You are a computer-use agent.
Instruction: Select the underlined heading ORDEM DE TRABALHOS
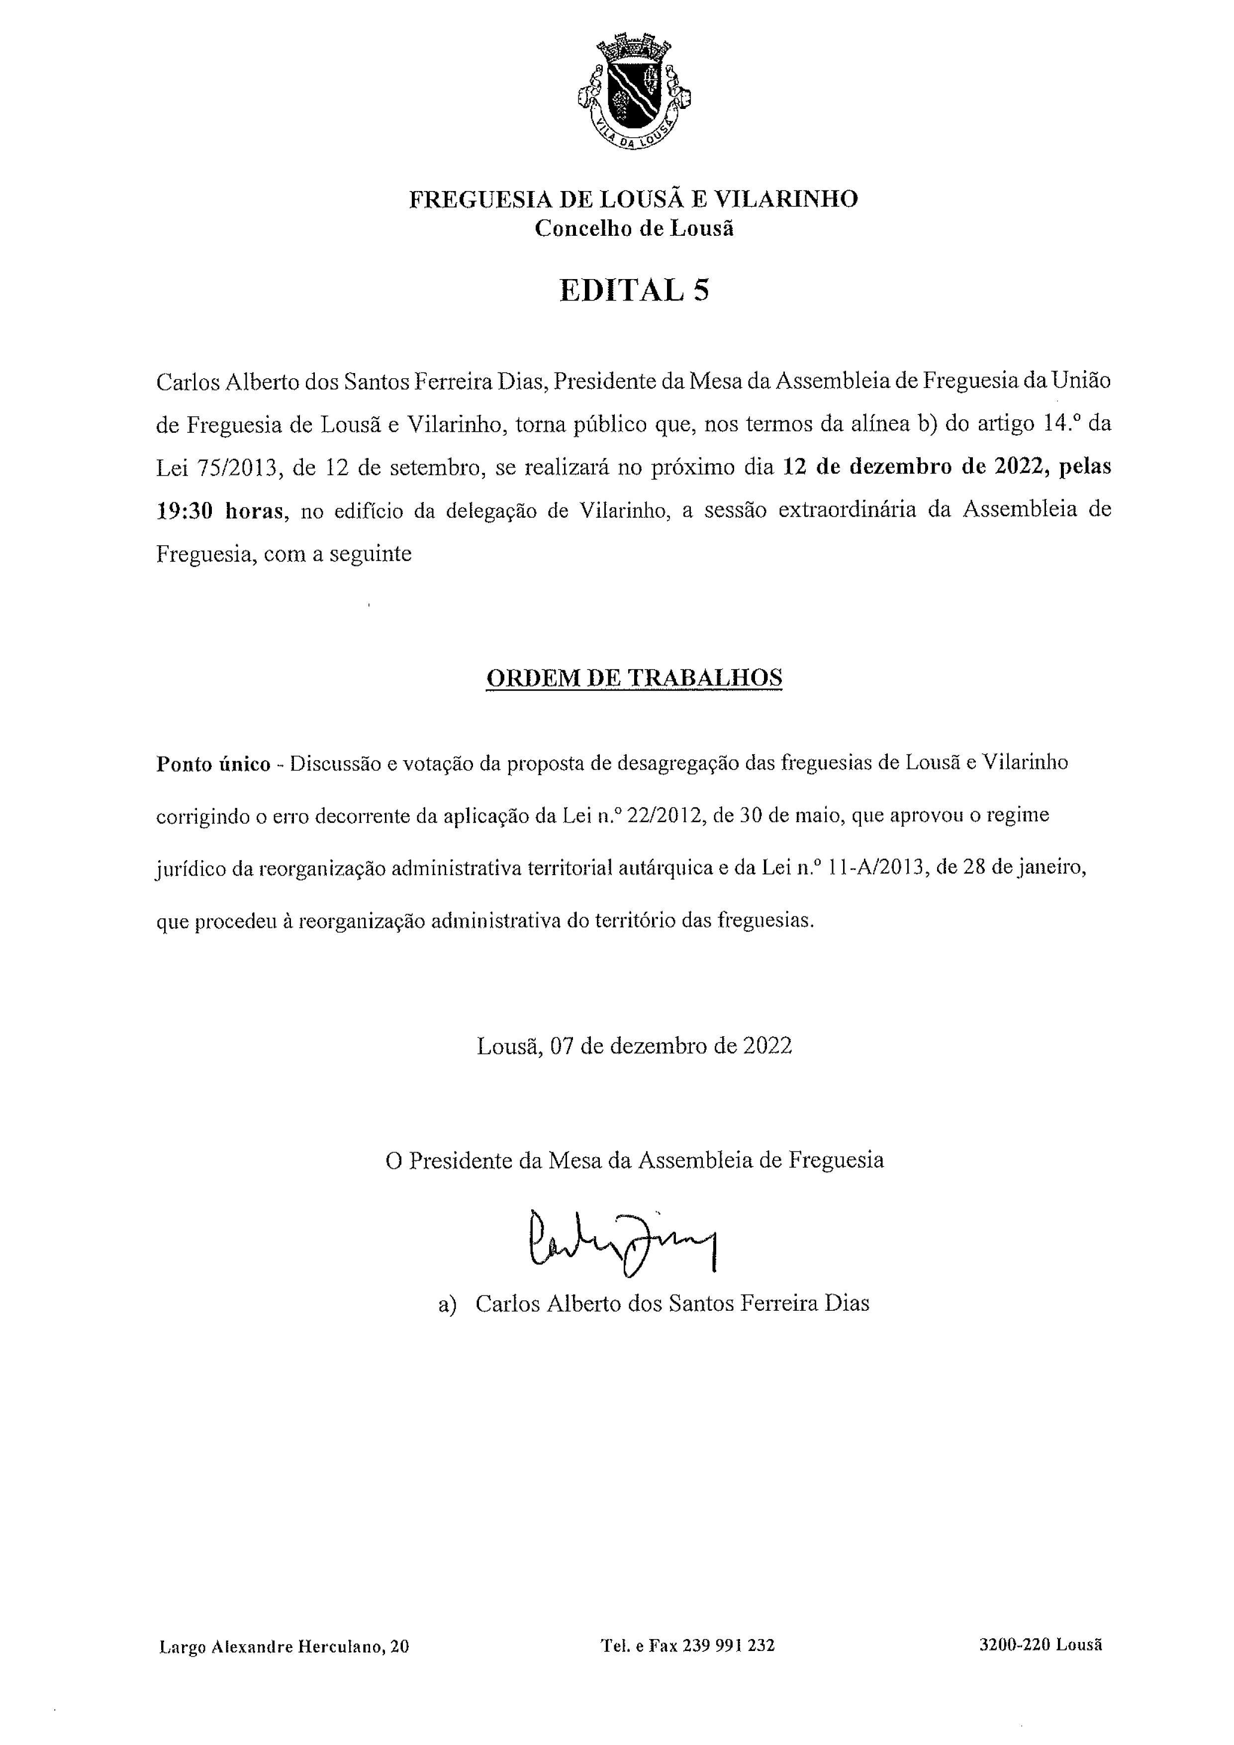[x=634, y=678]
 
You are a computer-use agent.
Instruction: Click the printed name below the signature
[x=671, y=1303]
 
